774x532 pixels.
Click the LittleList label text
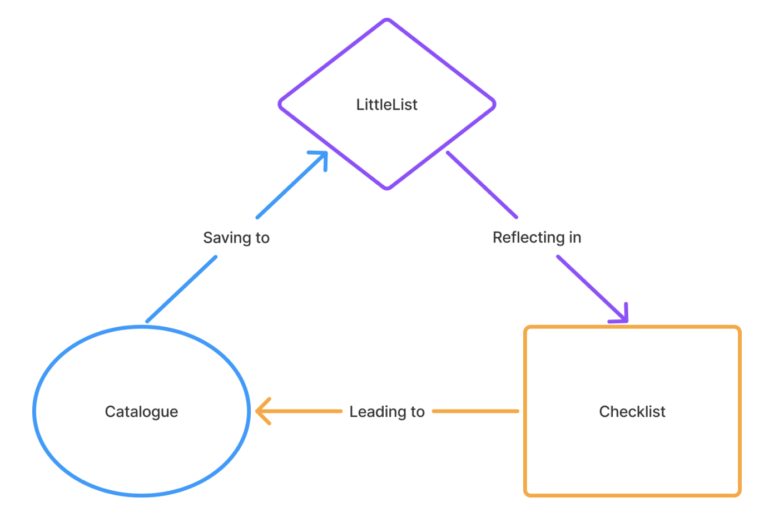click(386, 105)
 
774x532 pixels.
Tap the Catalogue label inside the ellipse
click(141, 412)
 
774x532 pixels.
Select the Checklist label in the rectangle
click(632, 412)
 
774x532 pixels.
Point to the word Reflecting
click(528, 238)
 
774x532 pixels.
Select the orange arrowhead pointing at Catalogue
click(260, 411)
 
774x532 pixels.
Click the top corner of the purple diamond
click(387, 20)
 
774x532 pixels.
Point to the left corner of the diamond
click(280, 104)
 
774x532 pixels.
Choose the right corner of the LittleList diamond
click(494, 104)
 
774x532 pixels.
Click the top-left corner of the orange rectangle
click(527, 328)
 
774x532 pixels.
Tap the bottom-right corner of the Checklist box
click(738, 494)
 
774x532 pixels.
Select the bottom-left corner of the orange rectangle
click(527, 494)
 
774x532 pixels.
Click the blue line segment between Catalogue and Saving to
click(181, 289)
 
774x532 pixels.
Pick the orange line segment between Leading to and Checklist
click(475, 411)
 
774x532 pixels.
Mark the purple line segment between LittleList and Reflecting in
click(482, 184)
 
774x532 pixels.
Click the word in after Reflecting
click(575, 238)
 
